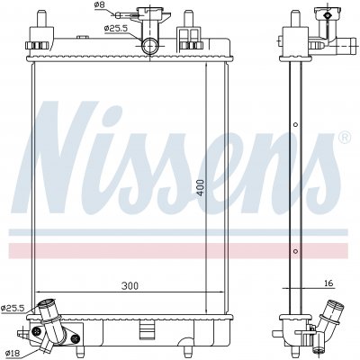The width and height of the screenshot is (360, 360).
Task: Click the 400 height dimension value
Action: [x=201, y=187]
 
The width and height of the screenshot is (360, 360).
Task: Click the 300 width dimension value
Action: [x=130, y=286]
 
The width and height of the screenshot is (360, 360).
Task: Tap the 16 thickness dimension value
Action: [x=328, y=283]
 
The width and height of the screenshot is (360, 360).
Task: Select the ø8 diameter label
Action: [x=99, y=4]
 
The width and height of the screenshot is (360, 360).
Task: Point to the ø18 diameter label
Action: [x=11, y=354]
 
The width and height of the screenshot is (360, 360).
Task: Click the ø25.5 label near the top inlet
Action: [x=116, y=28]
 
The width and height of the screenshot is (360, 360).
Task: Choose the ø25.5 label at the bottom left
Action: [x=12, y=308]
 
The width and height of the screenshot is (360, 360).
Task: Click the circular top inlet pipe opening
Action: [x=149, y=47]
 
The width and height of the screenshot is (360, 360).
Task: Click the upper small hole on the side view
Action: [x=295, y=124]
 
